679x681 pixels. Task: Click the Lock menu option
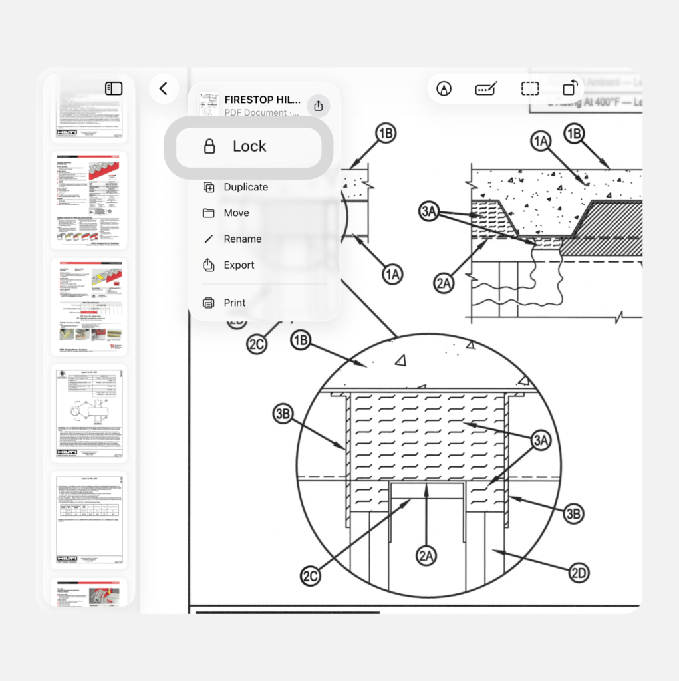coord(248,147)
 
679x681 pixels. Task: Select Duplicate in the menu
coord(245,187)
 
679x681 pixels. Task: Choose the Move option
coord(236,213)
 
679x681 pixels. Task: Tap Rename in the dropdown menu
coord(242,239)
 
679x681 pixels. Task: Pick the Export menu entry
coord(239,265)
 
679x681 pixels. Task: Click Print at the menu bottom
coord(234,303)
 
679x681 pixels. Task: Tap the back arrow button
coord(164,88)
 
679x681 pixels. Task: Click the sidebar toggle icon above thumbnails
coord(114,88)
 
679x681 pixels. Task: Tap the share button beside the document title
coord(318,106)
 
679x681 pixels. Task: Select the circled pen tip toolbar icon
coord(444,88)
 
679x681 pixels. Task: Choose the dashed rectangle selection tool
coord(529,88)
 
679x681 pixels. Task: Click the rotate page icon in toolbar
coord(570,88)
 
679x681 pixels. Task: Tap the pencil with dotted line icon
coord(487,88)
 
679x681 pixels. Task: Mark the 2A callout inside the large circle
coord(428,555)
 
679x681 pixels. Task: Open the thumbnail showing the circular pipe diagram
coord(89,413)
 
